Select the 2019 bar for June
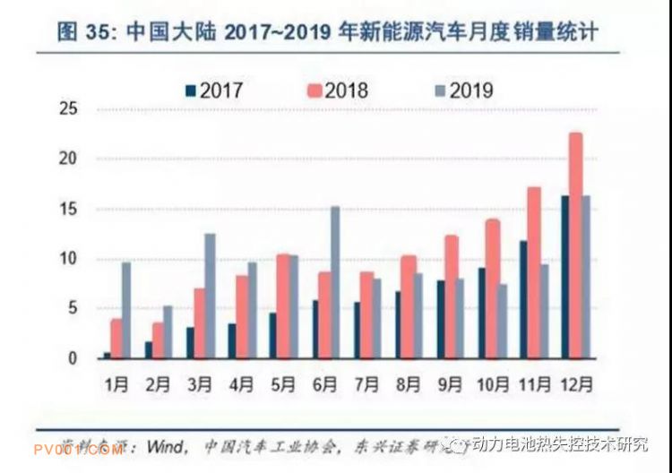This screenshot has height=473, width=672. [x=335, y=282]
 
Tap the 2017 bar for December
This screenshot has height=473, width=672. [x=564, y=277]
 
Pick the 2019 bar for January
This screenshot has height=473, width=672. [x=126, y=310]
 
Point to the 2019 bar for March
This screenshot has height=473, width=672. [x=210, y=296]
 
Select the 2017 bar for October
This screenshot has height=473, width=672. [x=482, y=313]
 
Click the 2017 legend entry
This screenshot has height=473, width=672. [x=214, y=90]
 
